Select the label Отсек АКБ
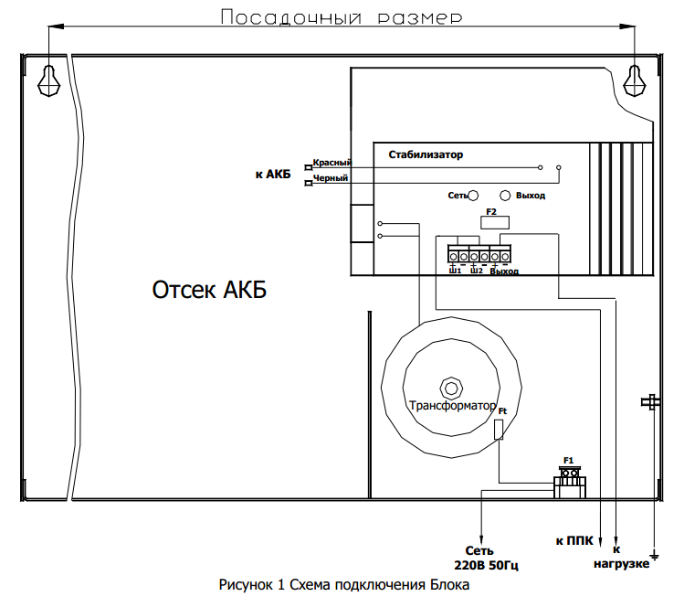(x=209, y=291)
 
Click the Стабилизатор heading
(x=426, y=154)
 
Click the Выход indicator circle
(x=505, y=196)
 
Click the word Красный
(x=332, y=162)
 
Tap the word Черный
(x=331, y=177)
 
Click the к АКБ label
(x=272, y=174)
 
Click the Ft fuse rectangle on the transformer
(x=499, y=430)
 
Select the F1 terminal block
(x=569, y=481)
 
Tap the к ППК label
(x=573, y=541)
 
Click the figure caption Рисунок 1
(x=343, y=585)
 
